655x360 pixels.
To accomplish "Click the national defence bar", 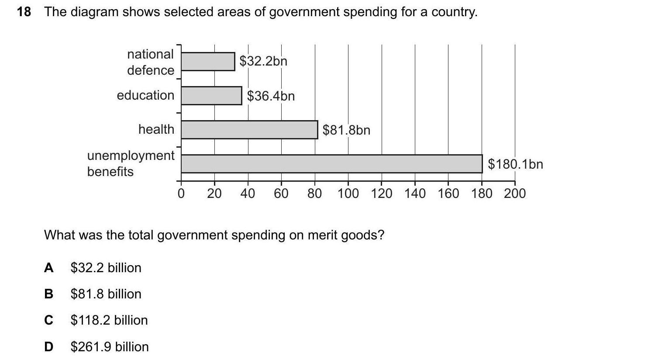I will click(208, 62).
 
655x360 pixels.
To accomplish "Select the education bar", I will click(211, 96).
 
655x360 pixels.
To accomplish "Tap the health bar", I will click(249, 130).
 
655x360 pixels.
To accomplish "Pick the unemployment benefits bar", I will click(331, 164).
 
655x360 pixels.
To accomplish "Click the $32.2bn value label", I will click(263, 61).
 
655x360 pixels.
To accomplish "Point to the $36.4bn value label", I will click(271, 96).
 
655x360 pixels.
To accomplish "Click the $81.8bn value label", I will click(346, 130).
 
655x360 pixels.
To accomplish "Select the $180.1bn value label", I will click(515, 164).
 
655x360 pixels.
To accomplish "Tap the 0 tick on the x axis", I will click(181, 193).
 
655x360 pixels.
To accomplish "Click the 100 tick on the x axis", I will click(348, 193).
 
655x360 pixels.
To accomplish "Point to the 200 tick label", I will click(515, 193).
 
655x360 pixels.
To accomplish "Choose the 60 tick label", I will click(281, 193).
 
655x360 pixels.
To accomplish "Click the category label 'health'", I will click(156, 129).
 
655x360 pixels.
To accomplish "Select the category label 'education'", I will click(145, 95).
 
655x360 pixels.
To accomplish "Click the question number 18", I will click(24, 12).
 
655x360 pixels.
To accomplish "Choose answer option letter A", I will click(49, 268).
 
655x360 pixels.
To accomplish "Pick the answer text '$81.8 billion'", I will click(106, 294).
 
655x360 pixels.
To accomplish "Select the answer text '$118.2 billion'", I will click(109, 320).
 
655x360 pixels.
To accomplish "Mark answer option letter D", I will click(49, 347).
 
